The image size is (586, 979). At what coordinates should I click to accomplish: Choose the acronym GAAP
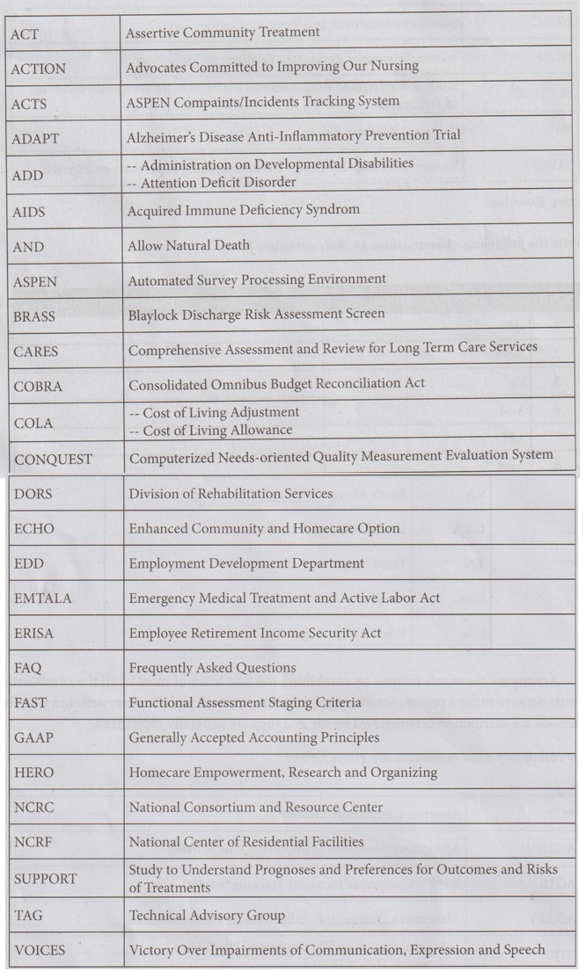(x=33, y=737)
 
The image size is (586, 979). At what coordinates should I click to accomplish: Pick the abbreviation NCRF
(x=33, y=842)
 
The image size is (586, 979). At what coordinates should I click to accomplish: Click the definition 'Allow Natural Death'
(x=188, y=245)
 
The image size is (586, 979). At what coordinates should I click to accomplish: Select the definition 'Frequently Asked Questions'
(x=212, y=668)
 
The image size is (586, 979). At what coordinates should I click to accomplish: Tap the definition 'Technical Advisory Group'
(x=207, y=915)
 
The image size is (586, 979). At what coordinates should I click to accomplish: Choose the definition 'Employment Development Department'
(x=246, y=562)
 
